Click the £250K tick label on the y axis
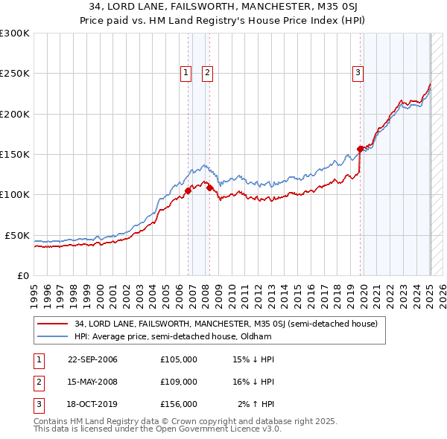(15, 74)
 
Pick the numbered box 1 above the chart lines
(185, 72)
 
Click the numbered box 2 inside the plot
(206, 72)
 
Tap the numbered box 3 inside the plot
(358, 72)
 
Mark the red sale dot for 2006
(188, 190)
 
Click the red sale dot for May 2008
(210, 188)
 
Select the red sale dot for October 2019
(361, 149)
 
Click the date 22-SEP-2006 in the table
(92, 359)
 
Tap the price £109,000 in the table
(179, 382)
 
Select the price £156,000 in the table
(179, 404)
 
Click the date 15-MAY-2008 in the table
(92, 382)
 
